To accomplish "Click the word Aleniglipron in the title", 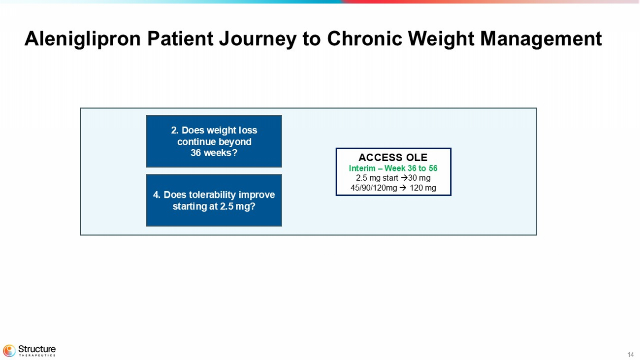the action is point(83,39).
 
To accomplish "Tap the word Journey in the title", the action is point(257,39).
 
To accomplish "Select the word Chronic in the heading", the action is point(364,38).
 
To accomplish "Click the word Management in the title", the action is point(541,39).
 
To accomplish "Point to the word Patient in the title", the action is point(180,38).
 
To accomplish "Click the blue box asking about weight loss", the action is point(214,141).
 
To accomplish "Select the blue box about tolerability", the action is point(214,200).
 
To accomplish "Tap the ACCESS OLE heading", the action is point(393,158).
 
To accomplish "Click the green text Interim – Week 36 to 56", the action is point(393,168).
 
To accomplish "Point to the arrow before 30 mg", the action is point(404,178).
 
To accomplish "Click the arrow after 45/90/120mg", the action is point(403,188).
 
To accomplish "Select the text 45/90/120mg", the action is point(374,188).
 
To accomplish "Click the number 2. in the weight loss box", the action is point(175,131).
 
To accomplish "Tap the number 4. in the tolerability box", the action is point(157,195).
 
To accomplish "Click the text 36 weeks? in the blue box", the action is point(214,153).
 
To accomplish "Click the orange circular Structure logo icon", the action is point(9,351).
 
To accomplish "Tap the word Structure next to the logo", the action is point(37,349).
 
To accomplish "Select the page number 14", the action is point(631,355).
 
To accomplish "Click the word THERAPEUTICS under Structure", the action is point(37,356).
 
